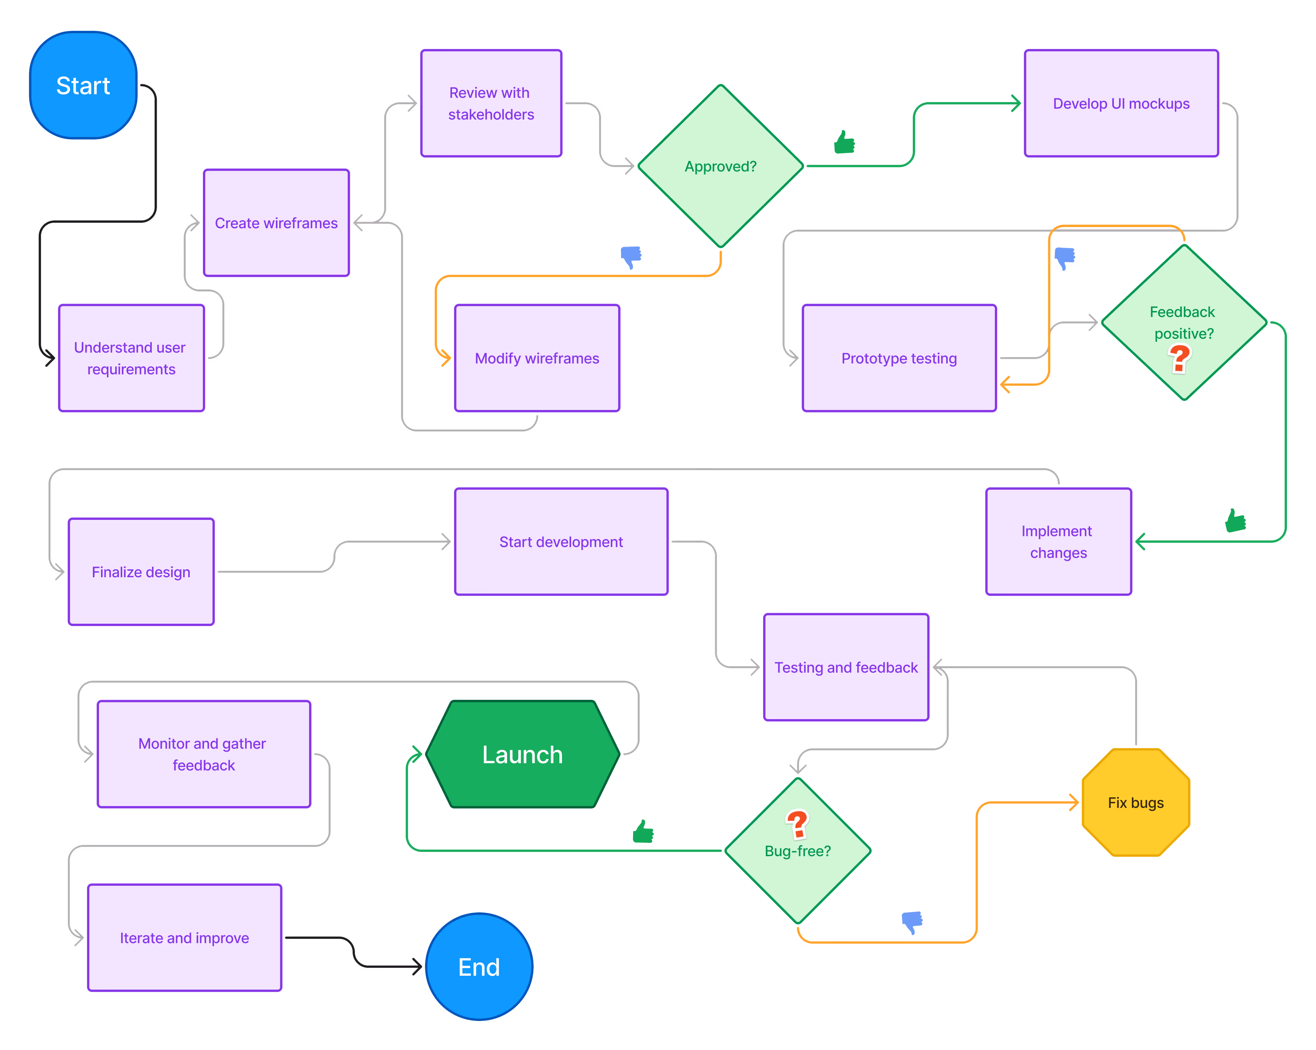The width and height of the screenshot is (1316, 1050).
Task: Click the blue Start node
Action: [83, 85]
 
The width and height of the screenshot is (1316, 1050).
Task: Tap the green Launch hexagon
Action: [522, 754]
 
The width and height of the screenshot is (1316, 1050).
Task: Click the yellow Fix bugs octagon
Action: [1135, 803]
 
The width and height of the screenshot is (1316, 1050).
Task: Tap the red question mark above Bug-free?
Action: [797, 824]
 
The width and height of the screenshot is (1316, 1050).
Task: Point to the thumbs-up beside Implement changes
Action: [1235, 521]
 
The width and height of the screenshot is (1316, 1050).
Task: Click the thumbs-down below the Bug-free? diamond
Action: [912, 922]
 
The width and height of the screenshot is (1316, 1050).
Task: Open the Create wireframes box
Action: [276, 223]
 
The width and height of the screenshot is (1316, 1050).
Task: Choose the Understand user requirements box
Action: [131, 358]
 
